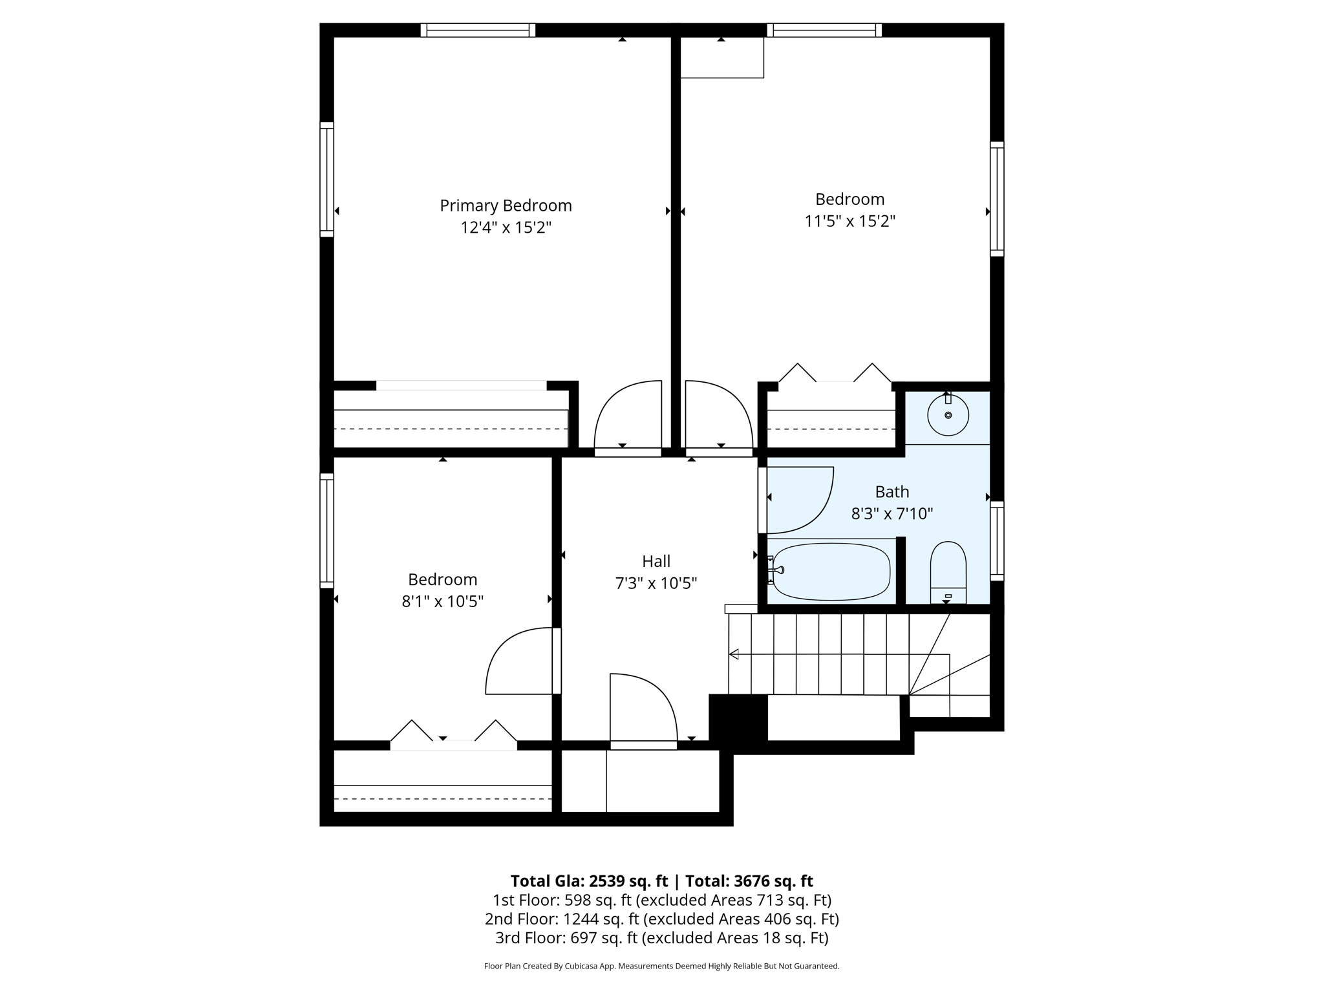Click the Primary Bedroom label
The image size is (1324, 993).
coord(506,206)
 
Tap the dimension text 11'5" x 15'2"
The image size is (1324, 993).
coord(849,222)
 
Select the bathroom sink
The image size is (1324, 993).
coord(948,415)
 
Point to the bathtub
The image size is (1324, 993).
coord(831,571)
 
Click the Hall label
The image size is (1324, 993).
coord(656,561)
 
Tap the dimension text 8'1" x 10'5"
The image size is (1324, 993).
coord(442,602)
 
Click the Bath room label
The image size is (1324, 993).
coord(892,492)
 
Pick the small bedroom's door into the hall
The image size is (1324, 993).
coord(521,661)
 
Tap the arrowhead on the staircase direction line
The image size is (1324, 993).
coord(734,654)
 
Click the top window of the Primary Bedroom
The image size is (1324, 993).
coord(478,30)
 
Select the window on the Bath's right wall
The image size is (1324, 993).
coord(997,541)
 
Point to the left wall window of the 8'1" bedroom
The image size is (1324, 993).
coord(326,531)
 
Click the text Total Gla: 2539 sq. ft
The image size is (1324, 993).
coord(589,881)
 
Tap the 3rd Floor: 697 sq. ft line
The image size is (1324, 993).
coord(661,938)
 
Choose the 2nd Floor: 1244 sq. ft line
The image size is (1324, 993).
coord(661,919)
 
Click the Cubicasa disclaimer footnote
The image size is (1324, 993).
coord(661,966)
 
